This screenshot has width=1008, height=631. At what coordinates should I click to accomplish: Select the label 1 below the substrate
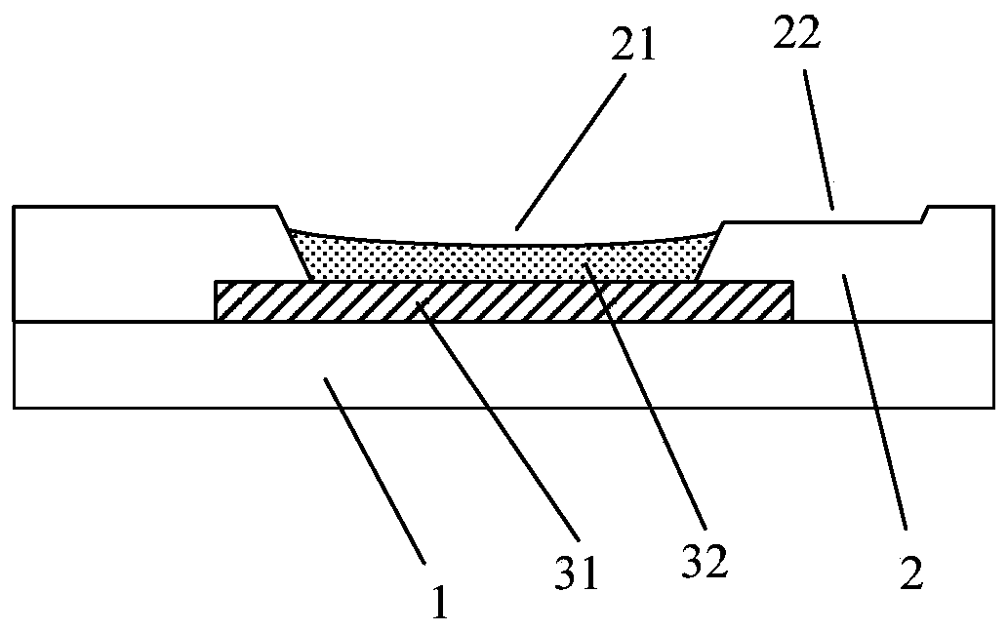click(441, 603)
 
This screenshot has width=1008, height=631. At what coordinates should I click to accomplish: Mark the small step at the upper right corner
click(924, 215)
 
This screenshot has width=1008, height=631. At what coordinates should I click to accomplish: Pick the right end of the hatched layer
click(789, 301)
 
